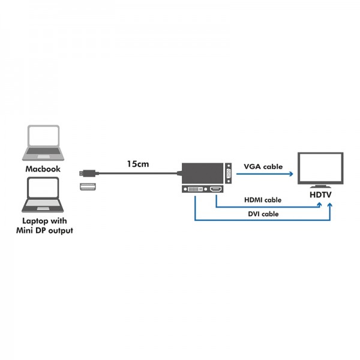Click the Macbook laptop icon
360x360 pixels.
point(43,143)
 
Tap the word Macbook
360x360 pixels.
point(43,169)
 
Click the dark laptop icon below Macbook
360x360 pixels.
point(43,194)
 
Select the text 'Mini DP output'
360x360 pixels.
point(44,230)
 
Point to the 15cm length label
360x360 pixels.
point(138,164)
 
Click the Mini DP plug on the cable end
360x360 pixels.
point(89,173)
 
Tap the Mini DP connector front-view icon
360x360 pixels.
point(88,187)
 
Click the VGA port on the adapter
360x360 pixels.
point(229,173)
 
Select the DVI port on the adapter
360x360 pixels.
point(195,189)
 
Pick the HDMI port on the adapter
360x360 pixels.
point(216,189)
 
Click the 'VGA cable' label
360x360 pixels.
point(263,166)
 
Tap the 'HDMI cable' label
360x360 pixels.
point(263,200)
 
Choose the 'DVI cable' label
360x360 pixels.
point(263,214)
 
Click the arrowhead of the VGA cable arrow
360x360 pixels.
point(291,174)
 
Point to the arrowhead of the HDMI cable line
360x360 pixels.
point(319,205)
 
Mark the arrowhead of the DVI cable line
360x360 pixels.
point(330,205)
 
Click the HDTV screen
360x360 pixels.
point(320,168)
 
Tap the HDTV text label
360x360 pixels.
point(320,194)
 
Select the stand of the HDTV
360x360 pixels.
point(320,187)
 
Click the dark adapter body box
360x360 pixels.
point(203,173)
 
